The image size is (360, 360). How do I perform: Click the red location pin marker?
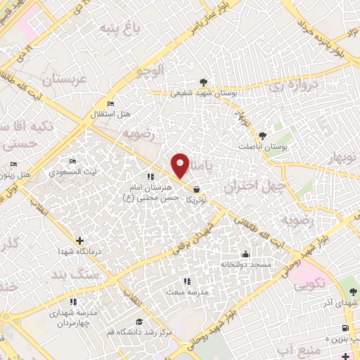(181, 165)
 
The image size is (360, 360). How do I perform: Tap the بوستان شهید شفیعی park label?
(202, 92)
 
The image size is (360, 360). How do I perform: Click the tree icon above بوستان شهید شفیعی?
(204, 82)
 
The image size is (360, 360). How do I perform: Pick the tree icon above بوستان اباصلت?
(263, 134)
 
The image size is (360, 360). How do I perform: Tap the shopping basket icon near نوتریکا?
(195, 189)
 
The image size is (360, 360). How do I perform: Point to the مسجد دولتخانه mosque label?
(246, 264)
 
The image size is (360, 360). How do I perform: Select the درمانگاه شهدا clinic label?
(79, 251)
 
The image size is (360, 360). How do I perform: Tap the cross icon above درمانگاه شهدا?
(79, 240)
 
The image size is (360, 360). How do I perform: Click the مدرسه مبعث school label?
(186, 290)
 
